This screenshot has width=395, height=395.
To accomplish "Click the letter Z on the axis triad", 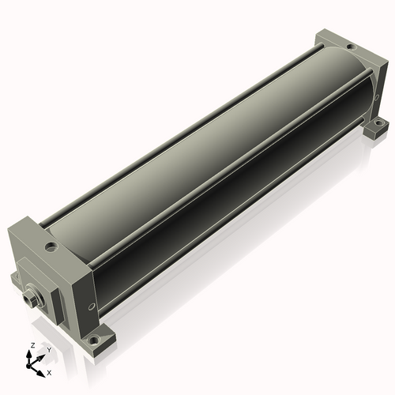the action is (x=32, y=345).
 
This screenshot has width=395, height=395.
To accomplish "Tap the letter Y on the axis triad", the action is (x=49, y=350).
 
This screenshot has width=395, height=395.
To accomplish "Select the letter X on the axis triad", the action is (x=49, y=373).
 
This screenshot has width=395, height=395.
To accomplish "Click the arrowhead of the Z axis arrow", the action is (x=28, y=354).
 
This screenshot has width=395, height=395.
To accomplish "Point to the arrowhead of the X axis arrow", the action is (x=40, y=374).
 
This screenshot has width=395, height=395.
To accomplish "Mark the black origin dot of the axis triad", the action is (x=28, y=366).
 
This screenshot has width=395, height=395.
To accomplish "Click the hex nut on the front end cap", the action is (x=29, y=299).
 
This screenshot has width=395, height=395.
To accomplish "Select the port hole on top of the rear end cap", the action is (x=350, y=47).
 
